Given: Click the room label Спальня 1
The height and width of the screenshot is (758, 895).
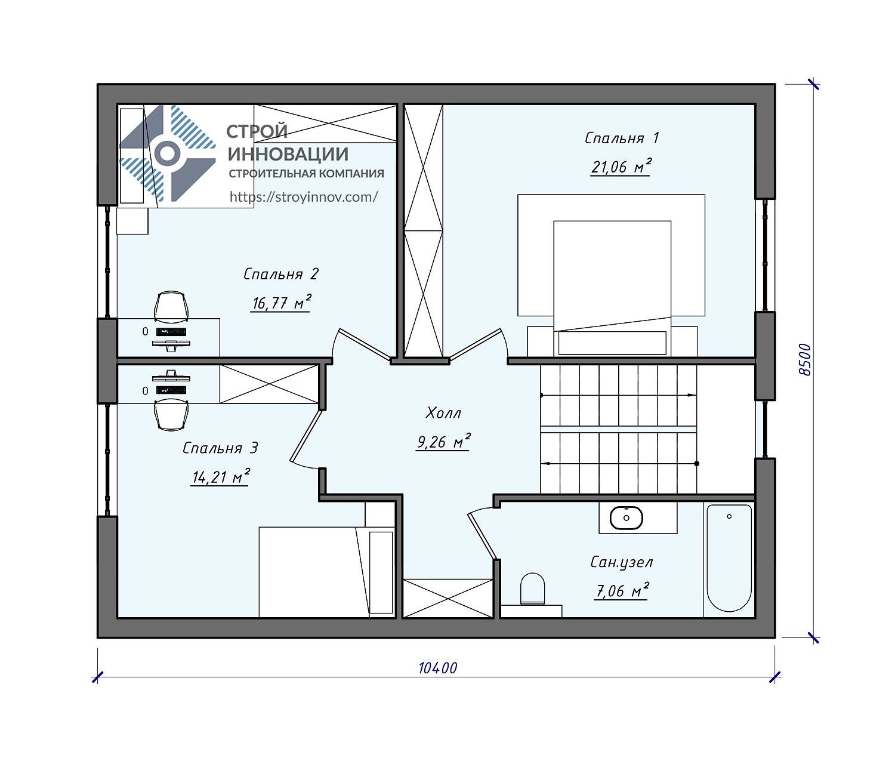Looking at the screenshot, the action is [621, 138].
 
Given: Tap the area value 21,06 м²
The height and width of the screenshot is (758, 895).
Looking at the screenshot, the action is [621, 167].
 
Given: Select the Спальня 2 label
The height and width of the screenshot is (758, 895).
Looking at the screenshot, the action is [280, 274].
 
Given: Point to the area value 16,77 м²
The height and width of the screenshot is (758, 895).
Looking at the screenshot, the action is [282, 303].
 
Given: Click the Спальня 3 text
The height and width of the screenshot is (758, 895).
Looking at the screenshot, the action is [220, 448].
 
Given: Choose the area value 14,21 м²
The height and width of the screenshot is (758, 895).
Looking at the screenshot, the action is [221, 476].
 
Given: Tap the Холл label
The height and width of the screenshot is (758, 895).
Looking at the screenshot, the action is [443, 413].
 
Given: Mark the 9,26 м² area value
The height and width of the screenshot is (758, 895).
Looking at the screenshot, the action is [443, 442].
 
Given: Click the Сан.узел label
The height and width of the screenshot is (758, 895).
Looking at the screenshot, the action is [621, 562].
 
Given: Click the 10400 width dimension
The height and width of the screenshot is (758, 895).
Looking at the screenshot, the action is [438, 668].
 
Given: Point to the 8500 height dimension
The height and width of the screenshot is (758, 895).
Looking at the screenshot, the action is [804, 359].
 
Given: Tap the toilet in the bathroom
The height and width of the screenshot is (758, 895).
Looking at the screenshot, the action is [532, 589].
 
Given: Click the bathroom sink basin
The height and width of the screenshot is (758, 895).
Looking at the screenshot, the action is [626, 517].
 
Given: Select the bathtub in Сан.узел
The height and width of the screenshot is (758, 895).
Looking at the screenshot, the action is [729, 558].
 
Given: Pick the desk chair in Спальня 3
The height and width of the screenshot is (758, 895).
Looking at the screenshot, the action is [171, 415].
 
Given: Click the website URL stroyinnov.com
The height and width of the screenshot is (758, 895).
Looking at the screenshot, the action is [304, 197].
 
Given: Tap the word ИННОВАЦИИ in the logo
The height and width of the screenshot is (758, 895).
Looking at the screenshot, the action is [288, 154].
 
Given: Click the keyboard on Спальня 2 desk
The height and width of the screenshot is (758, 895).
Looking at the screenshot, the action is [171, 332].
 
